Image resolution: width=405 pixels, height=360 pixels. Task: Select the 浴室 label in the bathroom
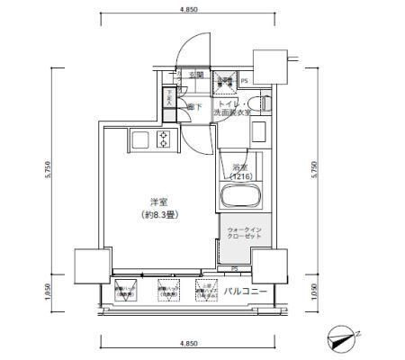(x=238, y=167)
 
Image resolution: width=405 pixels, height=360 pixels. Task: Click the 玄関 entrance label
(x=194, y=76)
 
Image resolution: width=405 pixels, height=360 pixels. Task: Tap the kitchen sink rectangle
(x=139, y=139)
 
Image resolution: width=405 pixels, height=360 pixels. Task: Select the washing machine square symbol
(x=224, y=80)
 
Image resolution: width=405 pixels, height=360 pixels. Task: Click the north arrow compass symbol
(x=346, y=336)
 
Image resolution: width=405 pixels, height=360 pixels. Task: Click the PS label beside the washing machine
(x=243, y=82)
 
